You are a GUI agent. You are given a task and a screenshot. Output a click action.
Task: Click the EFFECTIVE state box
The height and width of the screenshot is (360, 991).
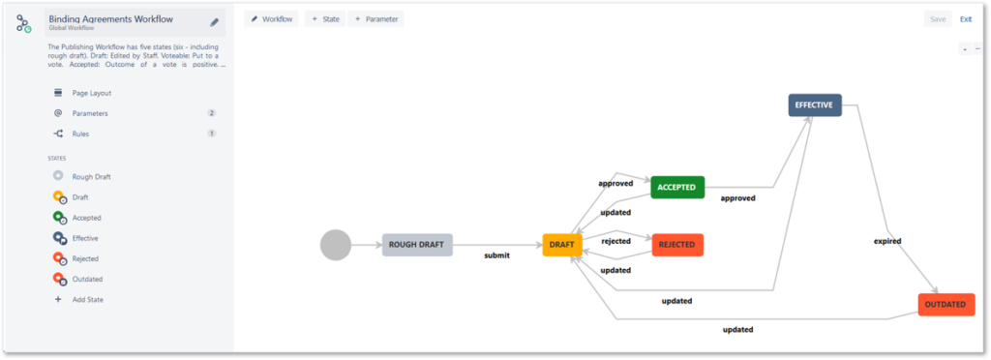pos(815,105)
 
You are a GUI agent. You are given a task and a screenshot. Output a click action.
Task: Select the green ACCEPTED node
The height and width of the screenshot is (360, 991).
pos(677,187)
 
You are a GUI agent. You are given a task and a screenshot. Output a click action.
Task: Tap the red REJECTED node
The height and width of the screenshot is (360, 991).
pos(677,245)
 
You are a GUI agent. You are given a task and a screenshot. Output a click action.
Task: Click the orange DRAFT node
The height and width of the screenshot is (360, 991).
pos(562,245)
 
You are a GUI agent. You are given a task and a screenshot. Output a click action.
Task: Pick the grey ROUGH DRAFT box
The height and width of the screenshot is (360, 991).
pos(416,245)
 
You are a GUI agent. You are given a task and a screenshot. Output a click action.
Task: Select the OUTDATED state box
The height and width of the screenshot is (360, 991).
pos(946,304)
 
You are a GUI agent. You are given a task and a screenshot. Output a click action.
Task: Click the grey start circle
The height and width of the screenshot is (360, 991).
pos(336,245)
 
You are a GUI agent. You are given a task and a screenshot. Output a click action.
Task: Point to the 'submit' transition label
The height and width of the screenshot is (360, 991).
pos(496,255)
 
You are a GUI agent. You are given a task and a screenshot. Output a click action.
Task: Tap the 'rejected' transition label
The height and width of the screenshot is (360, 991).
pos(616,241)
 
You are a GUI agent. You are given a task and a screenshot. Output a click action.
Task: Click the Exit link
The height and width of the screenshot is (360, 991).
pos(965,18)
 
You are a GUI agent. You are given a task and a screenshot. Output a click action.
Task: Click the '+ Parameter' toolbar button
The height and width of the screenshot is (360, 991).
pos(376,18)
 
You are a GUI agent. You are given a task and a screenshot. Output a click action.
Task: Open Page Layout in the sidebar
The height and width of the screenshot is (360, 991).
pos(91,93)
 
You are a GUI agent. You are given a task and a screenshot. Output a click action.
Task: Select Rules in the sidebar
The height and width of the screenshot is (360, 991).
pos(80,134)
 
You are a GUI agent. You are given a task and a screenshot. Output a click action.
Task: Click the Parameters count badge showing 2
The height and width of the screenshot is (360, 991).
pos(211,113)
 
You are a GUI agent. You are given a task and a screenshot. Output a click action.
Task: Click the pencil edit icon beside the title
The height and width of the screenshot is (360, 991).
pos(214,22)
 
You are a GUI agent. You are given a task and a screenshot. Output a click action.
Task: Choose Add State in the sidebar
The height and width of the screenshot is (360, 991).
pos(87,299)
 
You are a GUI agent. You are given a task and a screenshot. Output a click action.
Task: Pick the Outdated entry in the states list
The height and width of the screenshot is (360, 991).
pos(87,279)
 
